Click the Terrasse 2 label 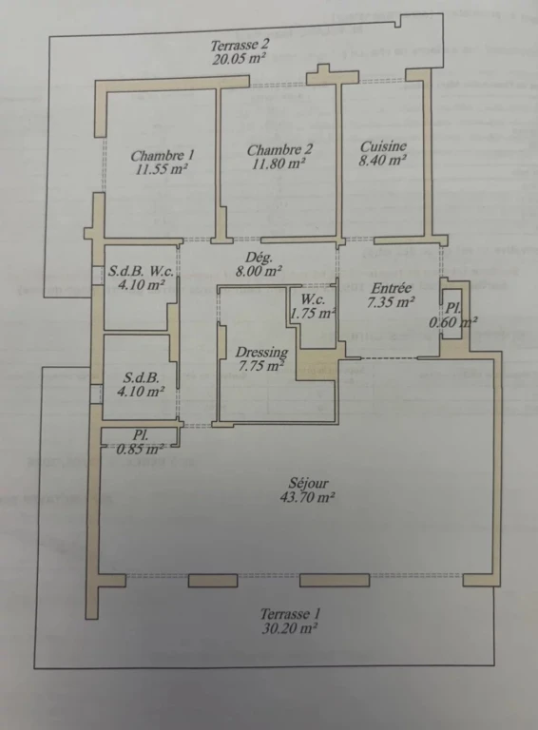click(240, 46)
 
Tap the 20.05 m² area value click(240, 59)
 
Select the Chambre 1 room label click(162, 155)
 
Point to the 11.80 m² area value click(279, 163)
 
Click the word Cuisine click(383, 146)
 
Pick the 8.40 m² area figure click(383, 161)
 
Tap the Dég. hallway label click(259, 258)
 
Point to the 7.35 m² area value click(391, 302)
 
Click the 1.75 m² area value click(313, 314)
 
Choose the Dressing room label click(261, 352)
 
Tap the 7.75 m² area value click(261, 366)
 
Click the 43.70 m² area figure click(308, 497)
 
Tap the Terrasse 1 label click(291, 614)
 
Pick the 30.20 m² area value click(290, 628)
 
